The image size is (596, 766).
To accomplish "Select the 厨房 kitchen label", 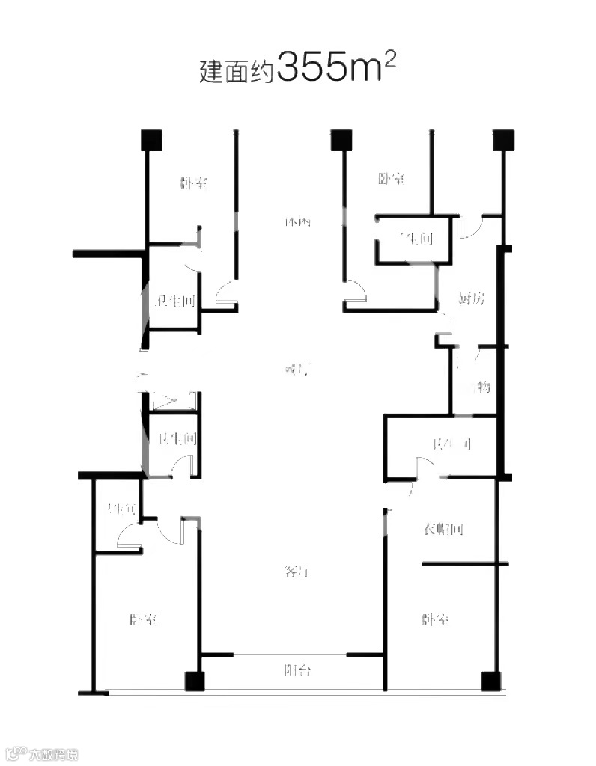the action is [472, 299].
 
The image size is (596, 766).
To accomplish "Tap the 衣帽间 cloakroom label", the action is [445, 530].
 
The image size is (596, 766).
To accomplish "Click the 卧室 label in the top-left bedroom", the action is [194, 183].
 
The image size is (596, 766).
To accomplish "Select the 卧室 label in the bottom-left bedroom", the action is [143, 620].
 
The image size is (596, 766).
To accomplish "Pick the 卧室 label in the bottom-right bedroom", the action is [436, 620].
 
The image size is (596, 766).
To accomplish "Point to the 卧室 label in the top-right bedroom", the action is [392, 179].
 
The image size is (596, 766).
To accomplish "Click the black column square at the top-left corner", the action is [152, 140].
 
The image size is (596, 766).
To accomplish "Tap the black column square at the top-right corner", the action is [503, 140].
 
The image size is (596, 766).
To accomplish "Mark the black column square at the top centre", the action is [341, 140].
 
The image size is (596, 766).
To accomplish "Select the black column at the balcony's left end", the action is [195, 681].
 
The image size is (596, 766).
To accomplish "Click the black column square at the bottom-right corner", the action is [490, 681].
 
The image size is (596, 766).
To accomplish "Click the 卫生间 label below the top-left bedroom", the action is [174, 302].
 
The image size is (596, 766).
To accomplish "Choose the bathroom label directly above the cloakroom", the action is [451, 445].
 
